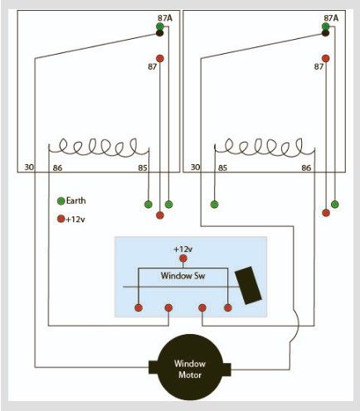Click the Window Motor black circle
(190, 367)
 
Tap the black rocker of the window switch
(248, 285)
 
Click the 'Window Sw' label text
(182, 276)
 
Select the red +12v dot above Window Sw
(183, 259)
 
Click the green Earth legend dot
(61, 201)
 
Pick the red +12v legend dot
(61, 219)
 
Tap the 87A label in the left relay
(165, 18)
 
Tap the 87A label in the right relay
(331, 18)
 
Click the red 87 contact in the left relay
(160, 59)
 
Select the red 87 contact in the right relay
(326, 59)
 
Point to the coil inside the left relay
(99, 147)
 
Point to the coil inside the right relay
(265, 147)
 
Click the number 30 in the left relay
(29, 167)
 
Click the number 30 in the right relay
(195, 167)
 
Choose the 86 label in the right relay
(306, 167)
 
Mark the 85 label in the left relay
(143, 167)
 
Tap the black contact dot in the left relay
(160, 33)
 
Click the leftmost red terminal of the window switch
(139, 307)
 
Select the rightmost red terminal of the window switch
(228, 307)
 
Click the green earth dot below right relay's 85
(214, 205)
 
